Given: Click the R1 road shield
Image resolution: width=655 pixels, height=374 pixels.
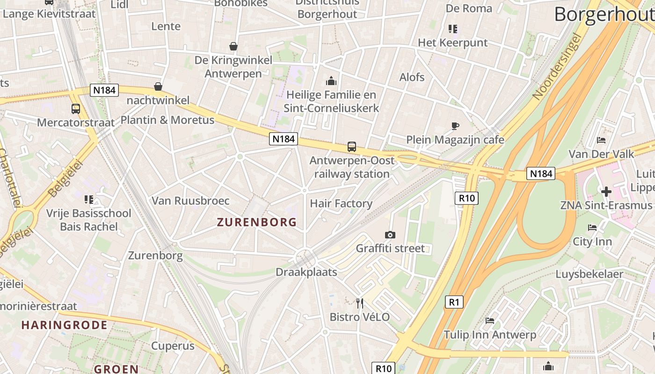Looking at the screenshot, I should [x=454, y=302].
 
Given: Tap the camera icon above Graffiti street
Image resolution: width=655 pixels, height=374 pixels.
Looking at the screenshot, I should [x=390, y=235].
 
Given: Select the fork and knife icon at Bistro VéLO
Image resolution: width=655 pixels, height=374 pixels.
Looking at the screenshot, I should [x=359, y=303].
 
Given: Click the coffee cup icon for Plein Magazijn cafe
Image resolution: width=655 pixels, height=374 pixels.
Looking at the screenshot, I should [x=455, y=126].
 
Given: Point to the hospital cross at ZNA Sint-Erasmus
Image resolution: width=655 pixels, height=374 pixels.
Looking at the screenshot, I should [x=606, y=192].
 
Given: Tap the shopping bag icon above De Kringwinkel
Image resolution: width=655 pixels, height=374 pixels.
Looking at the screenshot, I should [x=233, y=46].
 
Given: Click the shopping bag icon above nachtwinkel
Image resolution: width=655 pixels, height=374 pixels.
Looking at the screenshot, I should [x=158, y=86].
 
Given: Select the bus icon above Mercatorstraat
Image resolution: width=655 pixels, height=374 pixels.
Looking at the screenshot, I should [x=76, y=109].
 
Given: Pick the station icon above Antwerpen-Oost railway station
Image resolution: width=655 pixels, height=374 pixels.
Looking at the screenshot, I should [x=352, y=147].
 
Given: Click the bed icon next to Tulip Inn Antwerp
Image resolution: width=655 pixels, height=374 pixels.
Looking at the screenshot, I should [x=490, y=321].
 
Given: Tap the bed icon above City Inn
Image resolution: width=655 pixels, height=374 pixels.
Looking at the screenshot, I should [x=592, y=228].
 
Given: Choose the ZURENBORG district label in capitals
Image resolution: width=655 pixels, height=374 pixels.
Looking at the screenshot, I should [x=257, y=222].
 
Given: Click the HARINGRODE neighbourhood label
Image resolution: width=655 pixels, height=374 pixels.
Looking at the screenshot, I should [x=64, y=325].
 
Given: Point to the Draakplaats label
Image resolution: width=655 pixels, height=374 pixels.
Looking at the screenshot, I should [x=306, y=272].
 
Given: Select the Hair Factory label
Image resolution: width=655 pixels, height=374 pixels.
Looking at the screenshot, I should [x=341, y=203].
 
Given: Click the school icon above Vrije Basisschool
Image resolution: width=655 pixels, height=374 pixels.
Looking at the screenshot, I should [x=89, y=200].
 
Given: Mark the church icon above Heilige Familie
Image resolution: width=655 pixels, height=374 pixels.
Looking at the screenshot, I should [x=331, y=81].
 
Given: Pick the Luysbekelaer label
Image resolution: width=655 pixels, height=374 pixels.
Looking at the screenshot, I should [x=589, y=274].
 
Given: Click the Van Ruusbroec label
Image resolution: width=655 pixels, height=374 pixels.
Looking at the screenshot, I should [x=190, y=201].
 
